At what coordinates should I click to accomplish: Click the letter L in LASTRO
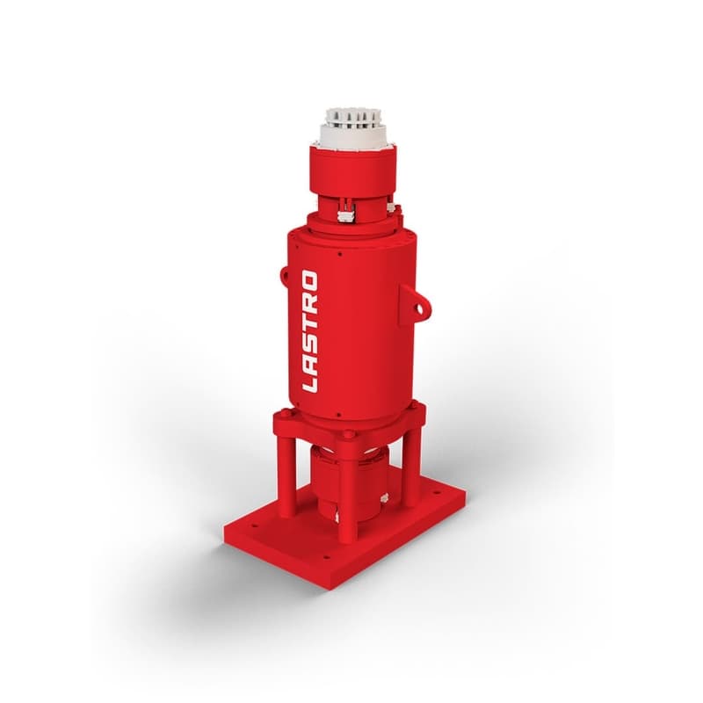pyautogui.click(x=309, y=382)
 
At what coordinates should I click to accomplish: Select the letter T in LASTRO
pyautogui.click(x=309, y=323)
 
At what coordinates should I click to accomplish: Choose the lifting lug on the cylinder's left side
pyautogui.click(x=284, y=275)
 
